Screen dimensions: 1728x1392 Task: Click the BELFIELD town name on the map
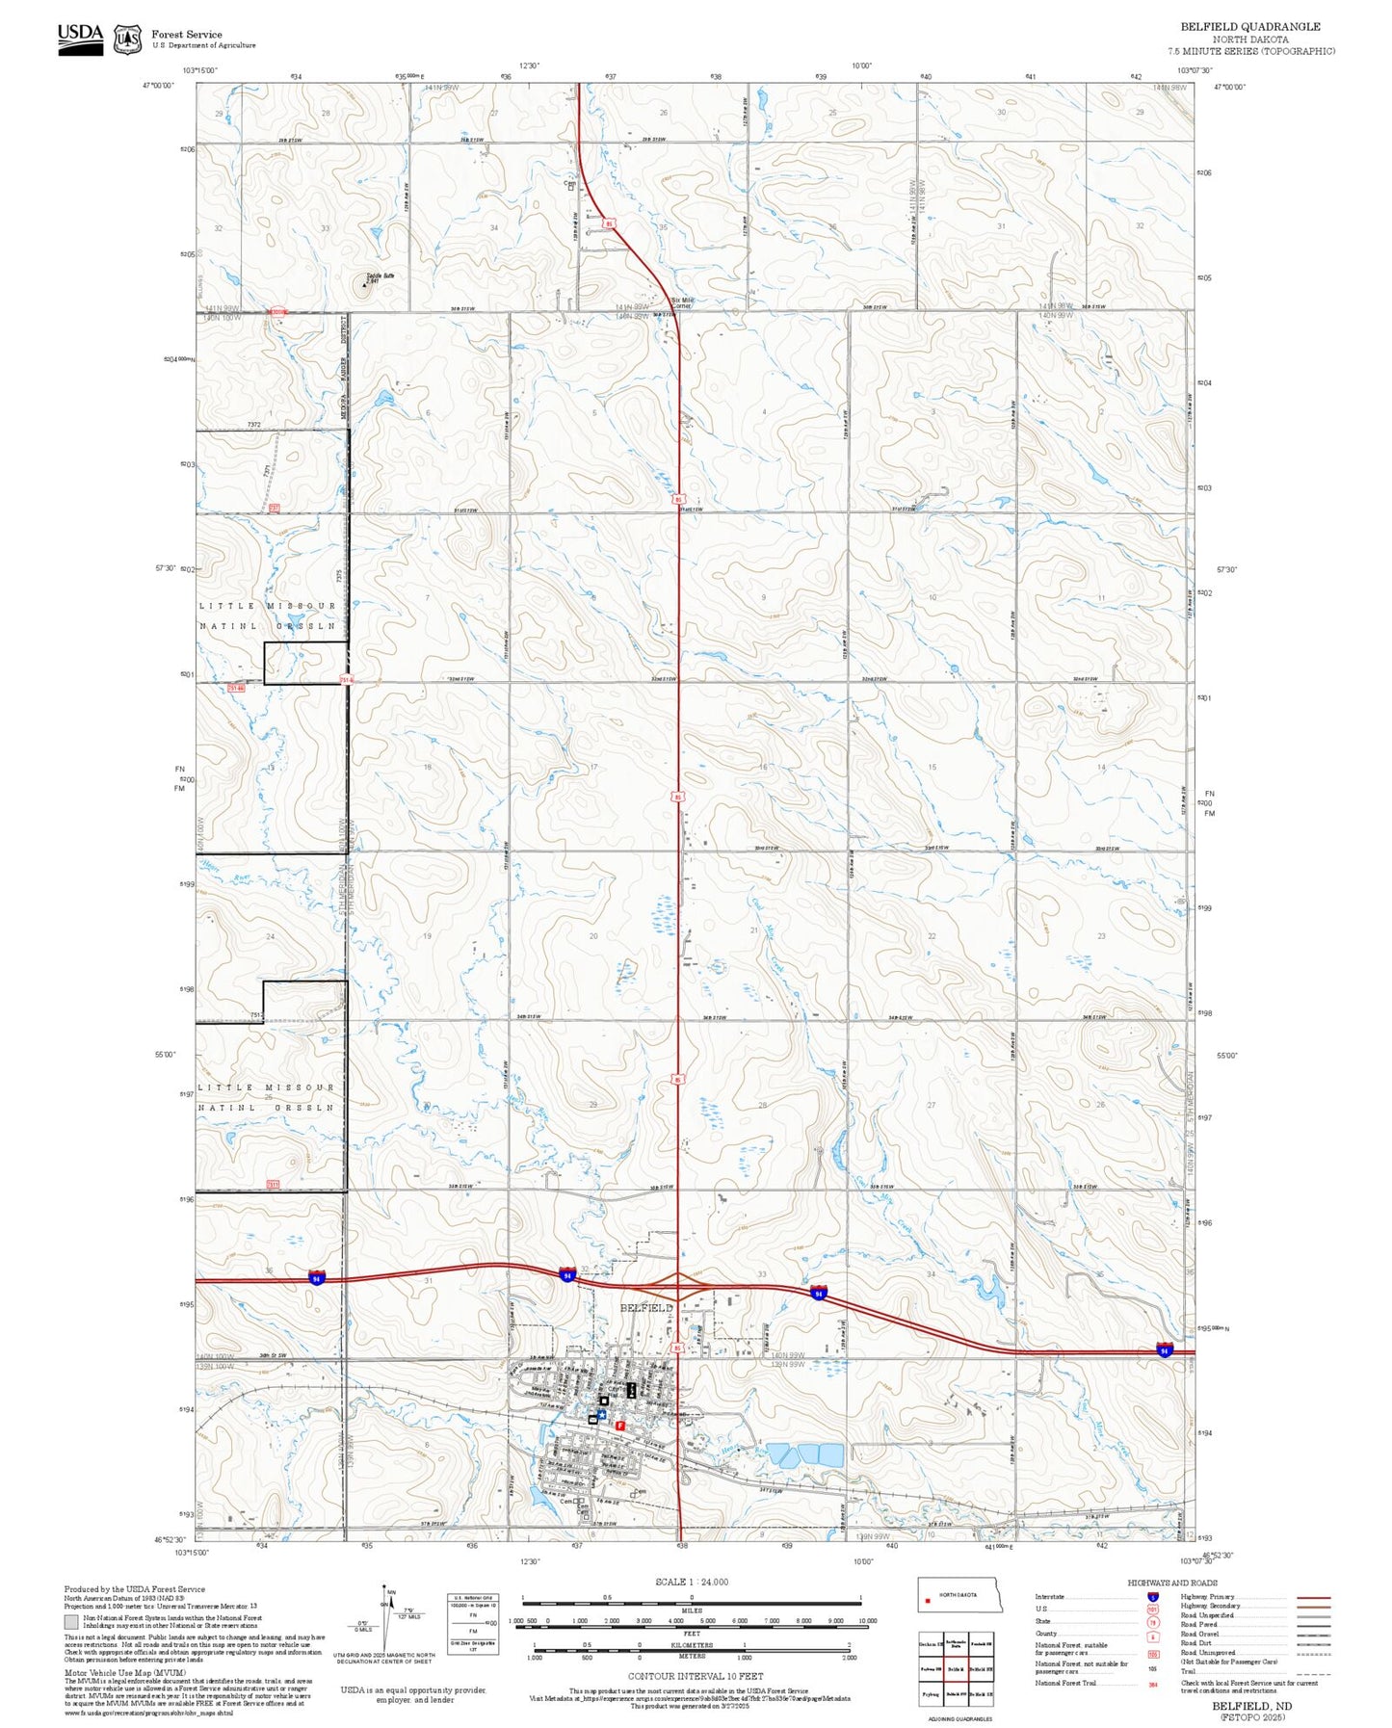(x=645, y=1307)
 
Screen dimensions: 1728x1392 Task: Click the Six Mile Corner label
(x=682, y=302)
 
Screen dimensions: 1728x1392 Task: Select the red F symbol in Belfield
(x=620, y=1424)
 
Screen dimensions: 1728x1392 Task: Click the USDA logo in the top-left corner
(x=80, y=38)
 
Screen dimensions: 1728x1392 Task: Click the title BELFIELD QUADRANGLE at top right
(x=1250, y=27)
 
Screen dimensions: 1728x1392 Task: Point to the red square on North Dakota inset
(x=928, y=1603)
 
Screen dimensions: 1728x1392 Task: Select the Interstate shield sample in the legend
(x=1153, y=1597)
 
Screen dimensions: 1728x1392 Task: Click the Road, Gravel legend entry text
(x=1201, y=1635)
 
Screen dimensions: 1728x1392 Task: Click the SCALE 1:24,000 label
(x=692, y=1582)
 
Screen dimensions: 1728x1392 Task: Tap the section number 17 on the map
(x=593, y=767)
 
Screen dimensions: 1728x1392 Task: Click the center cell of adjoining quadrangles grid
(x=955, y=1668)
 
